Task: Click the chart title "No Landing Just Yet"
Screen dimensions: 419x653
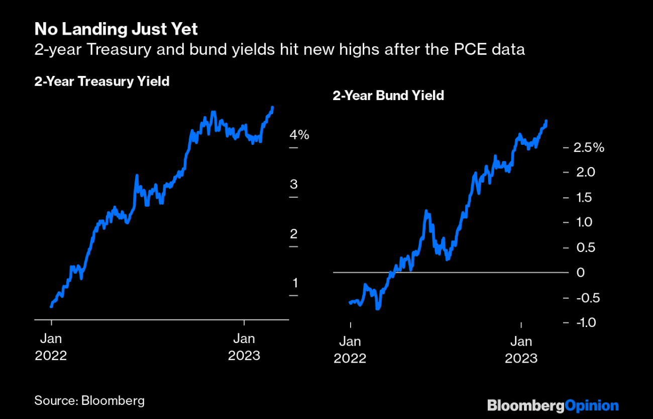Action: click(116, 29)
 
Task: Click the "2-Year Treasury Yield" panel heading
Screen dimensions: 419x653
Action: click(101, 81)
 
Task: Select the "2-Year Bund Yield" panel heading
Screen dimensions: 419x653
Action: click(388, 96)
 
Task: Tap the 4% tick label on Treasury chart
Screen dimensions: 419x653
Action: click(299, 135)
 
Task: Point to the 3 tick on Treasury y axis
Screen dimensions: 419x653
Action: click(294, 184)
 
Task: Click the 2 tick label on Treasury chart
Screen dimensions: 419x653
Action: click(294, 233)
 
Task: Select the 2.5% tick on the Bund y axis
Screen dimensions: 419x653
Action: click(589, 148)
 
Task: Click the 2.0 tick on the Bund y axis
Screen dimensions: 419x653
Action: click(585, 173)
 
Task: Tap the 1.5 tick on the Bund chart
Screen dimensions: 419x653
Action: click(585, 198)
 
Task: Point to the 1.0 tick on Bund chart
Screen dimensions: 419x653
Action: click(585, 222)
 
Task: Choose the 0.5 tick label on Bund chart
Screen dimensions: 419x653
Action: click(585, 247)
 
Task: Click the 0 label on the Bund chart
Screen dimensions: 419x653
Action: click(581, 273)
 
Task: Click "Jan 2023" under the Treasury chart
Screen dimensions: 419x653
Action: click(244, 347)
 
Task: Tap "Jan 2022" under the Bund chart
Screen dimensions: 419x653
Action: click(350, 350)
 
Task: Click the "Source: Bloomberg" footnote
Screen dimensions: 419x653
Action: click(89, 400)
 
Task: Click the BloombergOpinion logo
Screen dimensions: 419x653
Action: click(553, 405)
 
